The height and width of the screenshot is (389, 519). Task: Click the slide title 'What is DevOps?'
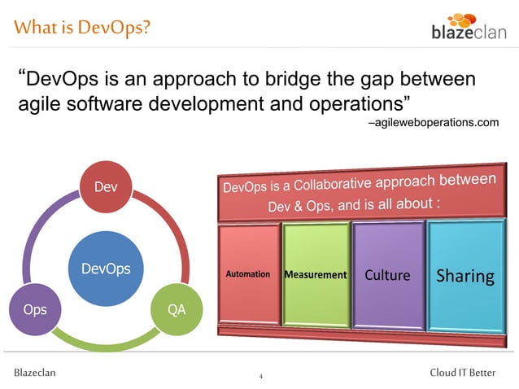(81, 28)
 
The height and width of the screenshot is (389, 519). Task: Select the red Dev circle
(106, 187)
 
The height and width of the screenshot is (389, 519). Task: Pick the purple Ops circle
(35, 309)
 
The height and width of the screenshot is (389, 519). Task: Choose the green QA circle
(175, 309)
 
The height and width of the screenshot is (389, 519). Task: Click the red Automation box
(248, 274)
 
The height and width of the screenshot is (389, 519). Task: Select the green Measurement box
(316, 274)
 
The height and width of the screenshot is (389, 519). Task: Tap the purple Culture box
(387, 274)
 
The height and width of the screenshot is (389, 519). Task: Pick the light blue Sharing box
(464, 275)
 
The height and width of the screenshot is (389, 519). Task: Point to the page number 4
(260, 377)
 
